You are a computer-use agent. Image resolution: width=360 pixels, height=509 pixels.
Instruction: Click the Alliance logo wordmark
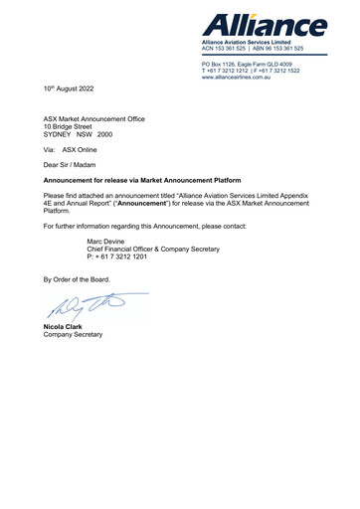coord(266,25)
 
